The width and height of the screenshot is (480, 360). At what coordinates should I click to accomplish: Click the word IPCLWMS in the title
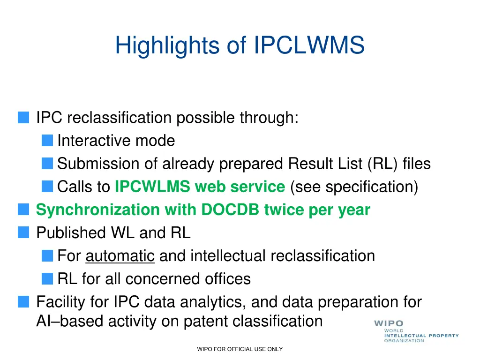coord(309,46)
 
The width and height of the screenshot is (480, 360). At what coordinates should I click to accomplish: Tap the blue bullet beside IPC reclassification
coord(23,117)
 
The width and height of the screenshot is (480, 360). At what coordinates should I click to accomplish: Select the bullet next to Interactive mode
coord(47,140)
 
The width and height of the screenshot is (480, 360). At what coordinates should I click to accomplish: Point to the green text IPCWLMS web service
coord(200,187)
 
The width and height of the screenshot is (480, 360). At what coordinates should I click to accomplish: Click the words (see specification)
coord(354,187)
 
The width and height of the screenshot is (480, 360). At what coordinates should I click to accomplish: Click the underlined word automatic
coord(120,256)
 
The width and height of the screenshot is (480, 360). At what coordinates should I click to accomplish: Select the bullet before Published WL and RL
coord(23,232)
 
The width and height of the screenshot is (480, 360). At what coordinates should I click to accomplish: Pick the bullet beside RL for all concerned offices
coord(47,279)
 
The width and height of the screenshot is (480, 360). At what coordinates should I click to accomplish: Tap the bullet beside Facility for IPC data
coord(23,302)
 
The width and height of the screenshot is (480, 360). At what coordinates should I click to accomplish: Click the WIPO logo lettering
coord(389,323)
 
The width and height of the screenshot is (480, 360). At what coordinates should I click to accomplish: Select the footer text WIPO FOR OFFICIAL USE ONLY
coord(240,349)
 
